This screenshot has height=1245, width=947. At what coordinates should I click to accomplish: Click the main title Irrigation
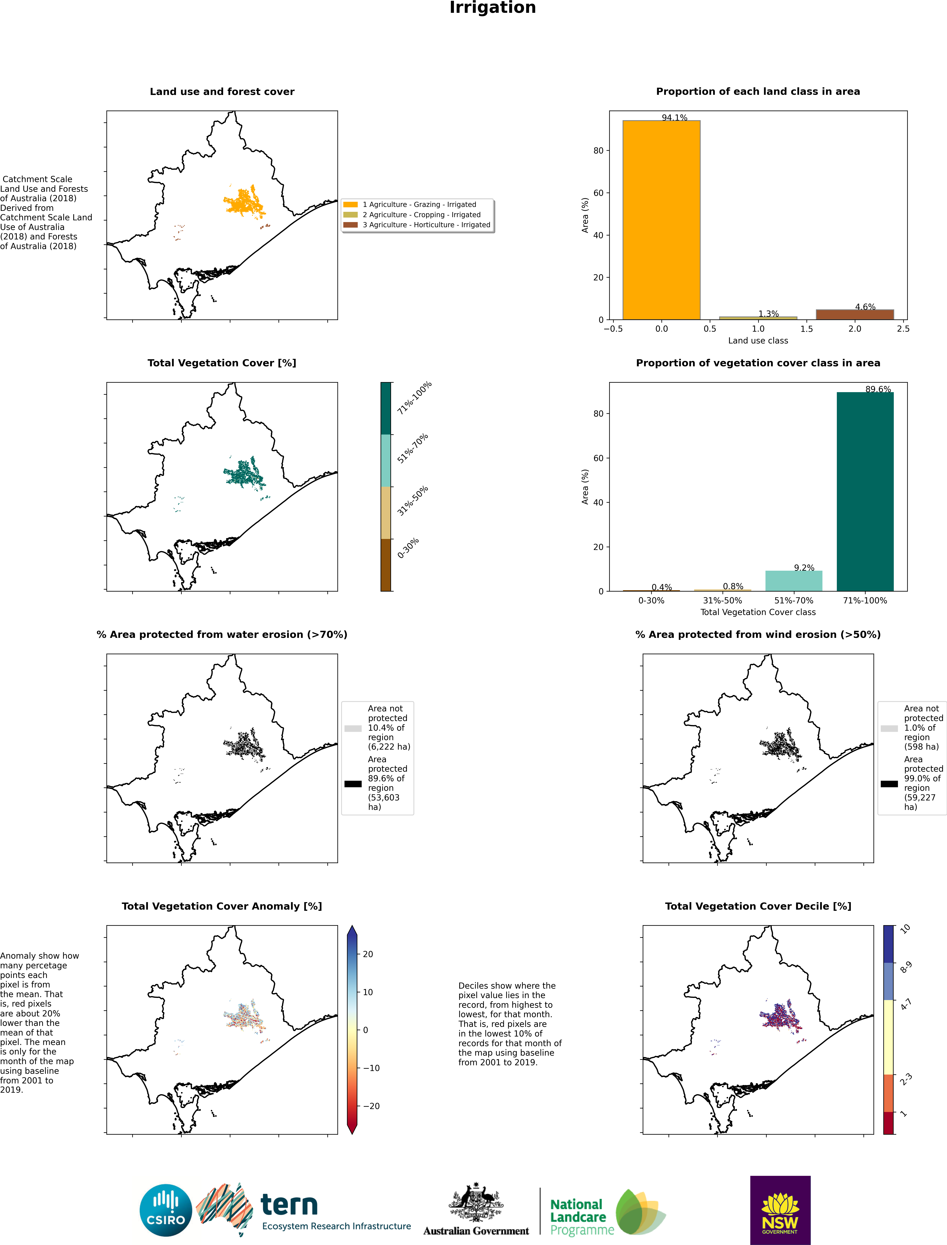click(x=493, y=8)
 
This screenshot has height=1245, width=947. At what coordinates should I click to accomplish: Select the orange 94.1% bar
click(x=661, y=220)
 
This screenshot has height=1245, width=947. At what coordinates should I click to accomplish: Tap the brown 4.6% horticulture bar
click(x=855, y=315)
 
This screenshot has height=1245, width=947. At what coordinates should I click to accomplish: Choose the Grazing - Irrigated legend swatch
click(x=351, y=205)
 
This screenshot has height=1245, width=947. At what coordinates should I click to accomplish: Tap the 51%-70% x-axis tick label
click(x=794, y=601)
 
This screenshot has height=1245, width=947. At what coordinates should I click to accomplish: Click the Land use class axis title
click(x=758, y=341)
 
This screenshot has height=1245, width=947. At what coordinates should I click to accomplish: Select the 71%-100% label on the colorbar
click(x=414, y=398)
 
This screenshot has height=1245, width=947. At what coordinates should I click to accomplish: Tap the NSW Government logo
click(x=780, y=1210)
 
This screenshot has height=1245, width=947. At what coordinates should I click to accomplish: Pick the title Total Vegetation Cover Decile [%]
click(x=758, y=906)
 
